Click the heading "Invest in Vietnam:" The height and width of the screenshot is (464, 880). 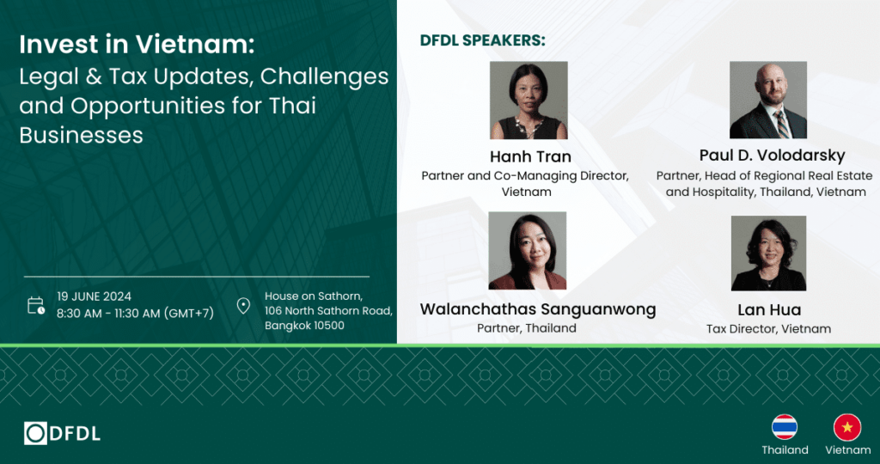pos(137,45)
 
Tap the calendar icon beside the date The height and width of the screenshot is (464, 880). pos(36,305)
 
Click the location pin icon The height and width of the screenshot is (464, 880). pos(243,306)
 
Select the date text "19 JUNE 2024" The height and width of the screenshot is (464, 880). pos(95,296)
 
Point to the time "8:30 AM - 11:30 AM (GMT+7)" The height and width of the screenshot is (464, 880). pos(135,313)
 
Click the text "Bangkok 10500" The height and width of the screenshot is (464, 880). pos(305,326)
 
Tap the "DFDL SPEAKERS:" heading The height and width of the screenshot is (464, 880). pos(483,41)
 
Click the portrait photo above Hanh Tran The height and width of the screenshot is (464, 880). pos(529,101)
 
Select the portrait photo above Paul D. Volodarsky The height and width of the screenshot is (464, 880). pos(767,100)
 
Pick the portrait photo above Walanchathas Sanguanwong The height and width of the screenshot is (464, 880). pos(528,250)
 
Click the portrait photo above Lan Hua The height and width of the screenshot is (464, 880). pos(768,253)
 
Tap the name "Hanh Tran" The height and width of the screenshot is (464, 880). pos(530,156)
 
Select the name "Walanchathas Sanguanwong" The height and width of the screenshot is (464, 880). pos(538,309)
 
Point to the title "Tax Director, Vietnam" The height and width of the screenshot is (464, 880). pos(768,329)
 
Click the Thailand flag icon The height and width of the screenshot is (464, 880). pos(785,427)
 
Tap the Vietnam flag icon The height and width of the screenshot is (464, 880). pos(846,427)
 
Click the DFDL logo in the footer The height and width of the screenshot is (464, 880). pos(62,433)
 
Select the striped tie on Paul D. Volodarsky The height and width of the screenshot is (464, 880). pos(781,124)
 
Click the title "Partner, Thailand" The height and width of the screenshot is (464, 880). pos(527,327)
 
